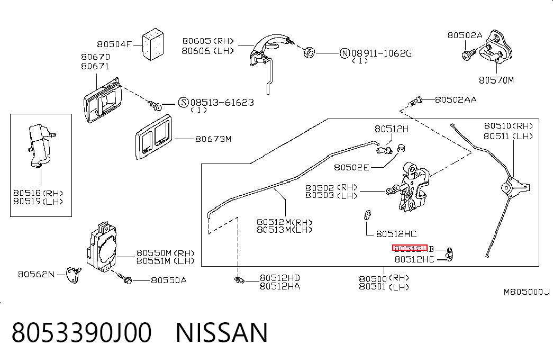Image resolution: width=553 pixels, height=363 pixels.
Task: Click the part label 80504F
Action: [x=114, y=44]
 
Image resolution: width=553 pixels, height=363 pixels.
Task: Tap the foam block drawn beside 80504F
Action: [x=153, y=44]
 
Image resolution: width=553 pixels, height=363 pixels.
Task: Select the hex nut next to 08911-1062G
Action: [x=309, y=52]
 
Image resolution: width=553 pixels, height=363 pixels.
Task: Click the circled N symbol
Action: [x=345, y=53]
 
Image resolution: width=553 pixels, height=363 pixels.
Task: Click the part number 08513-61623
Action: [x=222, y=102]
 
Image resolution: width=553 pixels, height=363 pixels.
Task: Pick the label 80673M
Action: [x=213, y=139]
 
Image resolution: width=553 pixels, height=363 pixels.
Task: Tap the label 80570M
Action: [x=496, y=80]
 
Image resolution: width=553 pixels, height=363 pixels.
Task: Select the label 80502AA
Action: [x=456, y=100]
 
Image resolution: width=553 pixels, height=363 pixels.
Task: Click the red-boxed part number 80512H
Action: [x=410, y=248]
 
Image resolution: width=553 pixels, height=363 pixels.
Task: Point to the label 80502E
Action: [x=351, y=167]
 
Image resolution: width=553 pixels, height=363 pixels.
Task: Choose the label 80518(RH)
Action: [x=38, y=193]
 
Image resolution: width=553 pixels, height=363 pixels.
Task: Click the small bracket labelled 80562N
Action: [x=74, y=275]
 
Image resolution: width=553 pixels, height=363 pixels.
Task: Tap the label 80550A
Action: [x=169, y=280]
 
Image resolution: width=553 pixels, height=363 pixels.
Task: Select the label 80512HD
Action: [x=279, y=278]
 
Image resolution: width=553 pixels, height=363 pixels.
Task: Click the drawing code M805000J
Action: [x=527, y=292]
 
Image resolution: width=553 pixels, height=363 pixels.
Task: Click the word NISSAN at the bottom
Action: [x=222, y=332]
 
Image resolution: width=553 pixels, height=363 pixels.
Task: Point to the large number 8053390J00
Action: [x=81, y=332]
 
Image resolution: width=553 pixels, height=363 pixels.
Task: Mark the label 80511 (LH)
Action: [x=508, y=136]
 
